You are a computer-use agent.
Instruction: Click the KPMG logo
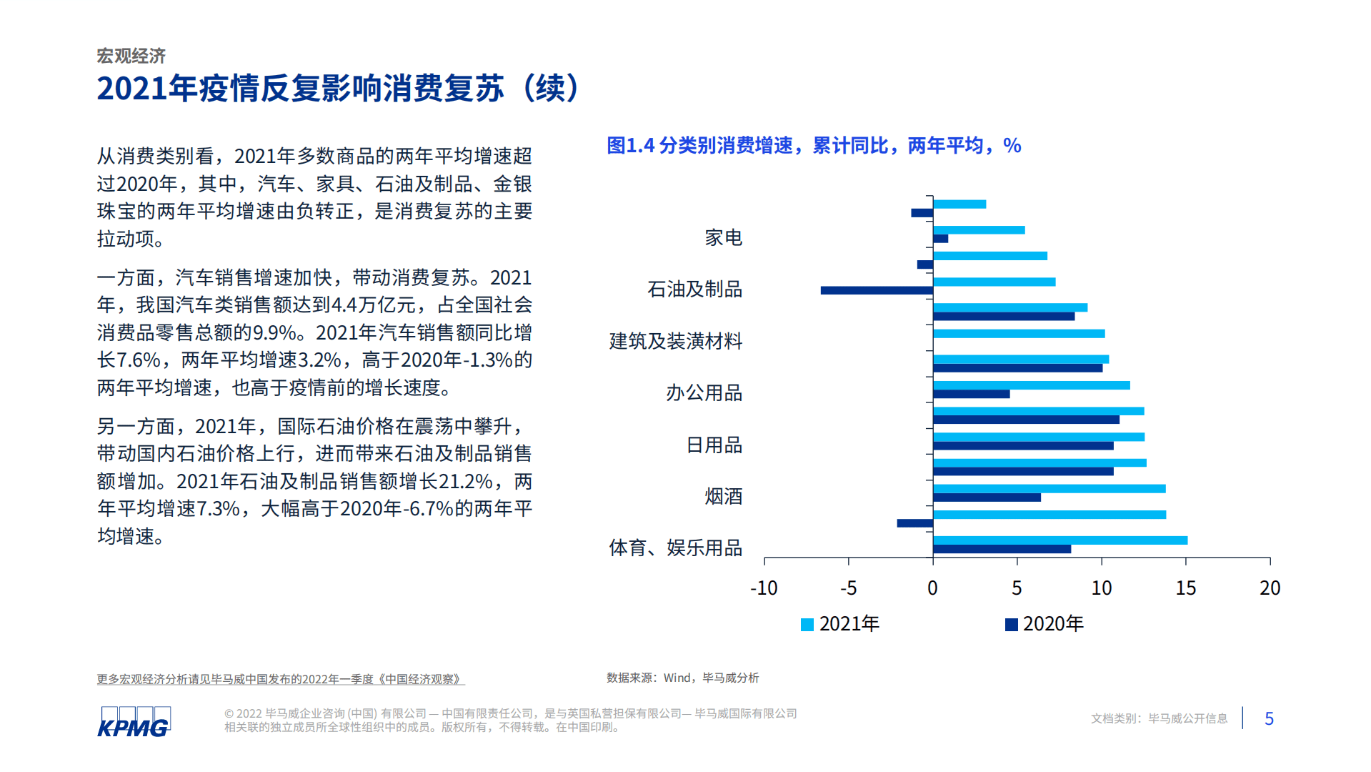pos(134,721)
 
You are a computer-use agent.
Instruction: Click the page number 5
pos(1269,718)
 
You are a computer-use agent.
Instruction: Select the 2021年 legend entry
pos(840,624)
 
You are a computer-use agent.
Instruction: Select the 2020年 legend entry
pos(1045,624)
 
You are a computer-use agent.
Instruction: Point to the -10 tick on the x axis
pos(764,588)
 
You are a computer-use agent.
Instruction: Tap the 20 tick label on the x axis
pos(1270,588)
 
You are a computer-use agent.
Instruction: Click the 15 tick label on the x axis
pos(1185,588)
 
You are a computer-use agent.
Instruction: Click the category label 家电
pos(723,237)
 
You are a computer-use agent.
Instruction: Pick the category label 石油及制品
pos(694,289)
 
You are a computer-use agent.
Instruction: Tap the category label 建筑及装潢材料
pos(675,341)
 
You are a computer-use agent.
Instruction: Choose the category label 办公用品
pos(704,392)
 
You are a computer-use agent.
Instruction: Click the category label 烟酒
pos(723,496)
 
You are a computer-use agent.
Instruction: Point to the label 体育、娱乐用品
pos(675,548)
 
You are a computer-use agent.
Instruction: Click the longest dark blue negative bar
pos(877,290)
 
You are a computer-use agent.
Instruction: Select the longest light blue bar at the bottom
pos(1060,540)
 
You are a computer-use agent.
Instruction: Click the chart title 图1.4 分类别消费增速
pos(814,146)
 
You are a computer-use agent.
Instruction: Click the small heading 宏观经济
pos(131,56)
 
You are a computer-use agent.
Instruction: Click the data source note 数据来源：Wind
pos(682,678)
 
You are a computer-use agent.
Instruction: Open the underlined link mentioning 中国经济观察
pos(281,679)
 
